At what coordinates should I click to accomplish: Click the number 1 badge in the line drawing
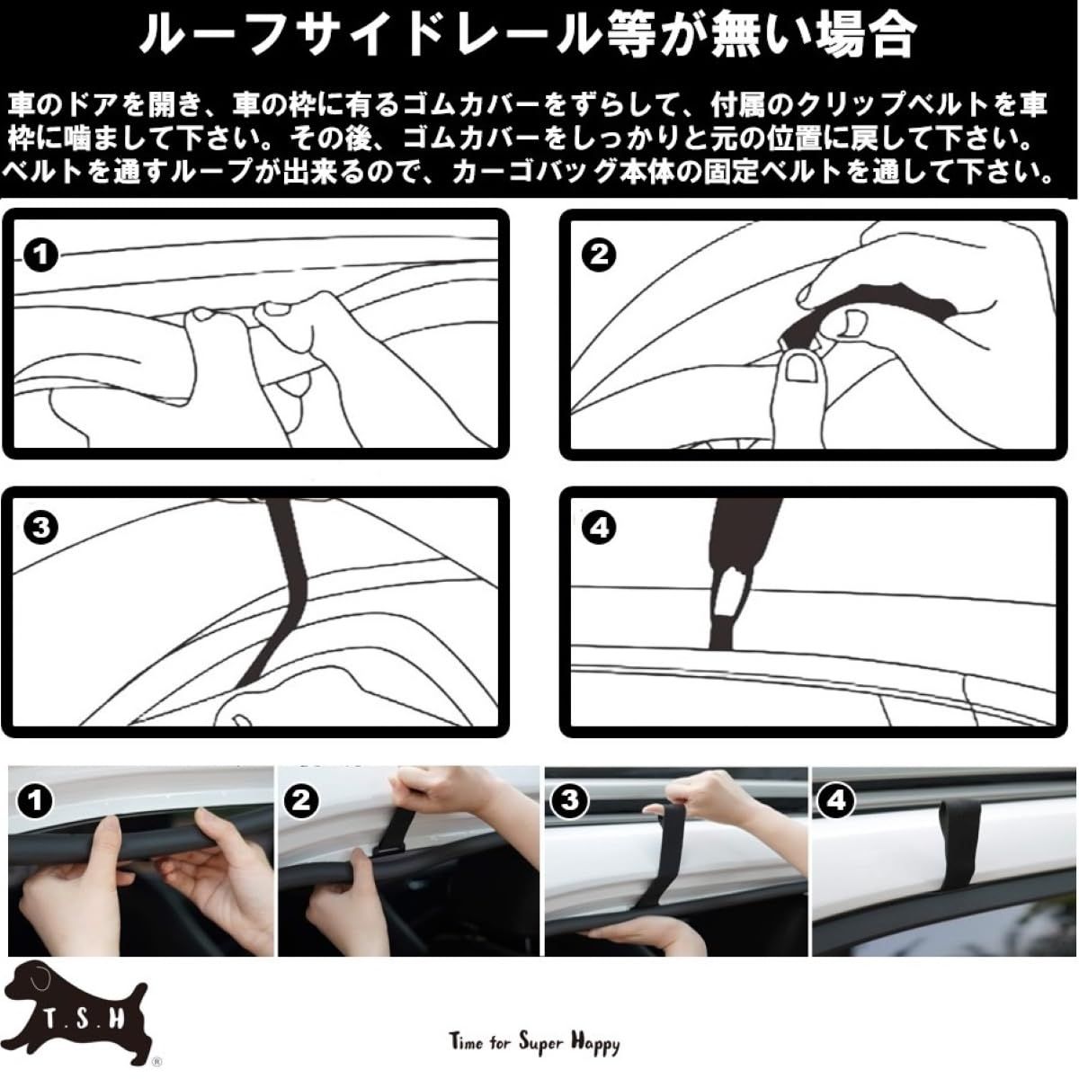click(x=40, y=255)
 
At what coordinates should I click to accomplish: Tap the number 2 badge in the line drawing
click(x=599, y=255)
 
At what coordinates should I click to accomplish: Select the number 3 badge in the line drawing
click(x=40, y=527)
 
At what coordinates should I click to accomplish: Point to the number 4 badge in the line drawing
click(x=599, y=527)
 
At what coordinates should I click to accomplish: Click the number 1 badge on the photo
click(x=35, y=801)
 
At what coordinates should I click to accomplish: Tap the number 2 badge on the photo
click(x=301, y=801)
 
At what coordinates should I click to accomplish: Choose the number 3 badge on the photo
click(x=569, y=801)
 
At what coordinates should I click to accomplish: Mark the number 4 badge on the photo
click(x=836, y=801)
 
